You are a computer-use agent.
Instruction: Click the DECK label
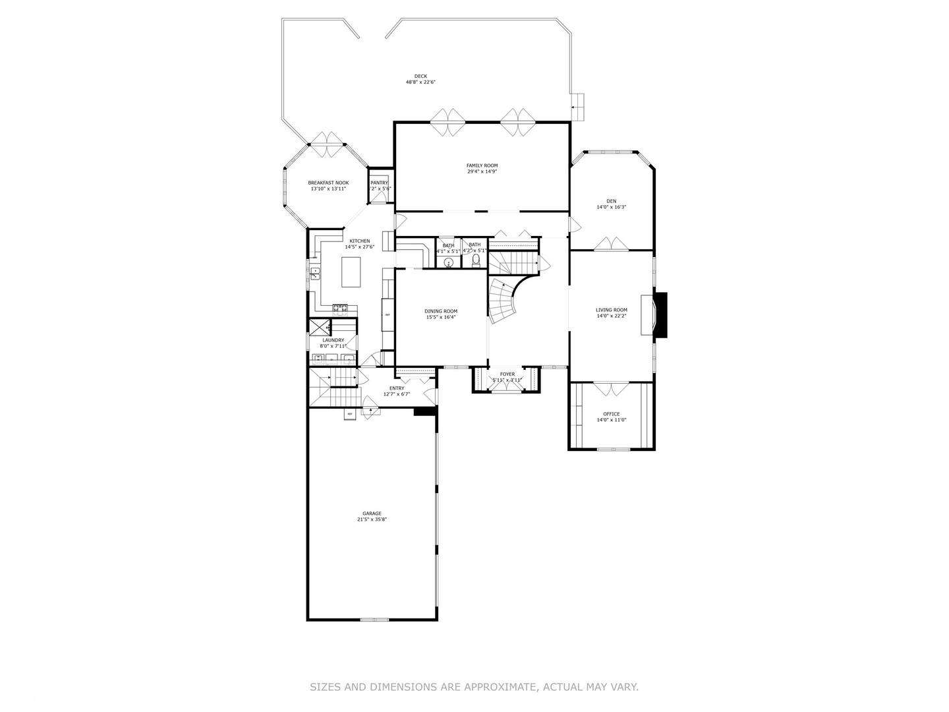tap(420, 76)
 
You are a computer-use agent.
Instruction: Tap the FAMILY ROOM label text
tap(482, 165)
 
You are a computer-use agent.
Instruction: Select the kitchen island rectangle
tap(351, 272)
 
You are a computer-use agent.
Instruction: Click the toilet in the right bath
tap(476, 259)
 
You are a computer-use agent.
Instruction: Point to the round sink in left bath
tap(449, 262)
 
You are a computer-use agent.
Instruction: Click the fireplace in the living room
tap(660, 315)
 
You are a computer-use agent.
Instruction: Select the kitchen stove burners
tap(339, 307)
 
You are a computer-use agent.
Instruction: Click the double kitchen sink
tap(316, 272)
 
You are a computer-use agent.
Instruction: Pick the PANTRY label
tap(379, 183)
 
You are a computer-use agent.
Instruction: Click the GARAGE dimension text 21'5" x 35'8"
tap(372, 519)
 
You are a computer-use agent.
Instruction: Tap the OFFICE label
tap(611, 414)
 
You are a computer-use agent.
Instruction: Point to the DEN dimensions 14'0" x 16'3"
tap(611, 207)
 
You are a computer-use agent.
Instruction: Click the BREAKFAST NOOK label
tap(328, 183)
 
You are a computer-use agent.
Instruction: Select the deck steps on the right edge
tap(578, 105)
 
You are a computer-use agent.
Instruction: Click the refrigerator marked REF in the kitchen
tap(388, 314)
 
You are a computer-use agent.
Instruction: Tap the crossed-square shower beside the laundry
tap(320, 327)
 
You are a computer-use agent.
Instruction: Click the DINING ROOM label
tap(441, 311)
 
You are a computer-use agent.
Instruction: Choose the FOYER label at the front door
tap(507, 374)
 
